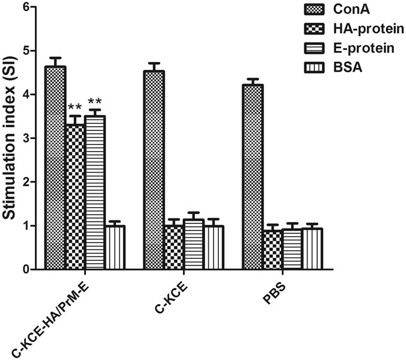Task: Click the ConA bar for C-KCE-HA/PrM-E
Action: coord(55,168)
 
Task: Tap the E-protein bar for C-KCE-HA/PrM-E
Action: coord(95,193)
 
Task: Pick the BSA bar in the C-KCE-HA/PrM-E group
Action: coord(115,247)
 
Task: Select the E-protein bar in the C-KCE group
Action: coord(194,244)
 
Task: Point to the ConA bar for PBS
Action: coord(253,177)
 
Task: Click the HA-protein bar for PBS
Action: coord(272,250)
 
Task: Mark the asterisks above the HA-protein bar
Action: coord(75,108)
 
